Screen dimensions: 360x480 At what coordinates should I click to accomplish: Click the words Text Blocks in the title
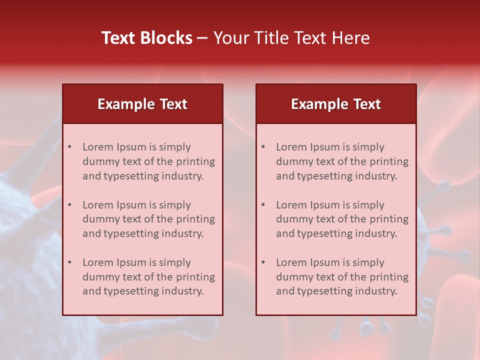pyautogui.click(x=147, y=38)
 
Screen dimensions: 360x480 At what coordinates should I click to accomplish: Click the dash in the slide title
pyautogui.click(x=202, y=38)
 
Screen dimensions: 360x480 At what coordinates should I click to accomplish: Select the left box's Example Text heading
pyautogui.click(x=142, y=104)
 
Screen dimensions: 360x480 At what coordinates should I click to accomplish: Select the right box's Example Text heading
pyautogui.click(x=336, y=104)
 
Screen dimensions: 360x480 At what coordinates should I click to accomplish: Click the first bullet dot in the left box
pyautogui.click(x=70, y=147)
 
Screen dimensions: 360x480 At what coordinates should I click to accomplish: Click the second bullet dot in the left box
pyautogui.click(x=70, y=205)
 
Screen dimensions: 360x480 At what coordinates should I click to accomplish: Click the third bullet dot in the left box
pyautogui.click(x=70, y=262)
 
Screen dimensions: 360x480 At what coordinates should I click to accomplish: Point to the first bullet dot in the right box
pyautogui.click(x=263, y=147)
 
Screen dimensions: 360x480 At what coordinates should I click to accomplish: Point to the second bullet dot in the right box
pyautogui.click(x=263, y=205)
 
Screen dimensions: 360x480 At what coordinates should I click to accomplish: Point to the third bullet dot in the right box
pyautogui.click(x=263, y=262)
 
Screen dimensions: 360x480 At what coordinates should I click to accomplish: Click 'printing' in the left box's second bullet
pyautogui.click(x=196, y=219)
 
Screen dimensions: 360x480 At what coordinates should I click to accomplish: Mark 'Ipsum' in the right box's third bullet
pyautogui.click(x=326, y=262)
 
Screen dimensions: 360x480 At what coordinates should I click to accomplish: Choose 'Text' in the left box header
pyautogui.click(x=173, y=104)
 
